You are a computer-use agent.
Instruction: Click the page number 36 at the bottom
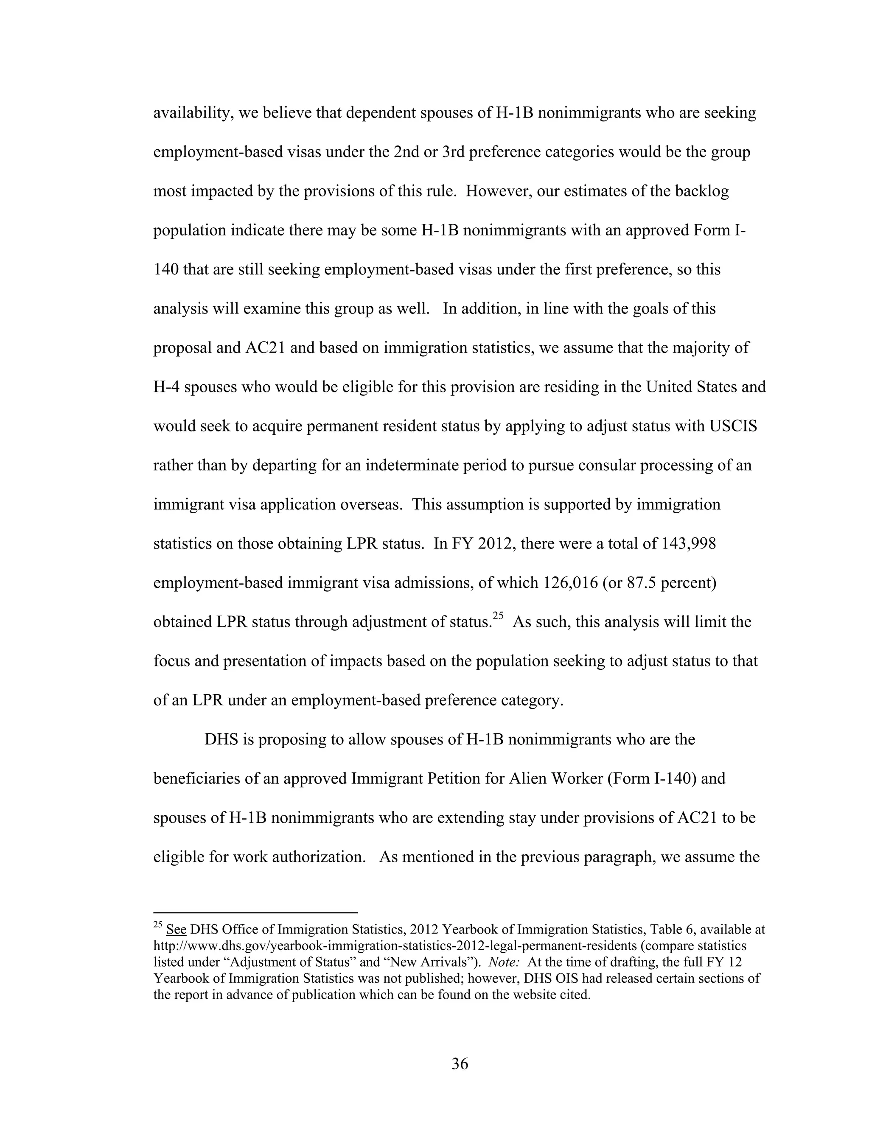point(460,1063)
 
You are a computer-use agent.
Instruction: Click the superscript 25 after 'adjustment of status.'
point(498,615)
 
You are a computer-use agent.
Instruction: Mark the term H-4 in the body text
point(166,387)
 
